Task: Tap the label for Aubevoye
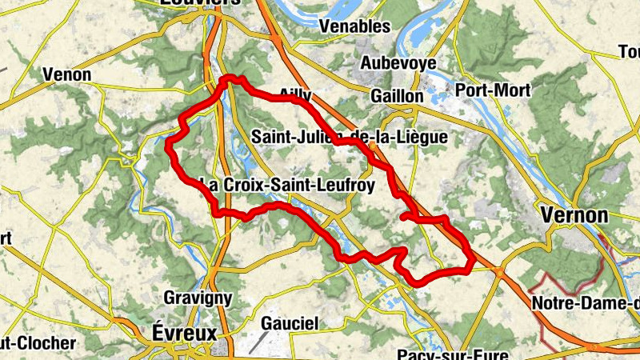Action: [396, 62]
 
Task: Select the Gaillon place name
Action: [397, 95]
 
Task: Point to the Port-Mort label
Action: [492, 90]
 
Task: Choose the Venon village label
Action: [67, 75]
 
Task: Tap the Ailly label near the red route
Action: [295, 94]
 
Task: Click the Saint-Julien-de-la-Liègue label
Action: [349, 138]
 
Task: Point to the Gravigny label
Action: [198, 298]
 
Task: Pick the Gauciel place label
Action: [290, 323]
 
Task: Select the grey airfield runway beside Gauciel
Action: [258, 342]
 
